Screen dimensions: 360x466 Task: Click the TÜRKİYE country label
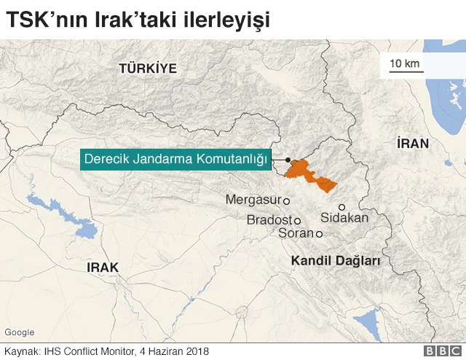(x=148, y=69)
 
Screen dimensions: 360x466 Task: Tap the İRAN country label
(x=413, y=143)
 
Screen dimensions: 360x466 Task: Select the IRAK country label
(x=102, y=267)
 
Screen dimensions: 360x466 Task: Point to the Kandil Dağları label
(x=336, y=260)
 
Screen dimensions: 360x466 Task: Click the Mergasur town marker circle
(x=287, y=200)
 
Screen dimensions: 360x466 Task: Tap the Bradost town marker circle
(x=297, y=220)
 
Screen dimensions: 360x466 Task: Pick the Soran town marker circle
(x=319, y=234)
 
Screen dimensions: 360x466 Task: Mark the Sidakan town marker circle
(x=341, y=207)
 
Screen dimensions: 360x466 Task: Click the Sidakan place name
(x=345, y=218)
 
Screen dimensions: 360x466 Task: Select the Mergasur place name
(x=253, y=199)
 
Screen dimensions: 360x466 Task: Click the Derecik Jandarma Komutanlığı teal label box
(x=175, y=159)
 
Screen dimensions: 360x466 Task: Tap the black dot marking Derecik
(x=288, y=160)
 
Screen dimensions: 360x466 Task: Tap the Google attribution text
(x=20, y=332)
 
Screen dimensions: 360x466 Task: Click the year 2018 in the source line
(x=197, y=351)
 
